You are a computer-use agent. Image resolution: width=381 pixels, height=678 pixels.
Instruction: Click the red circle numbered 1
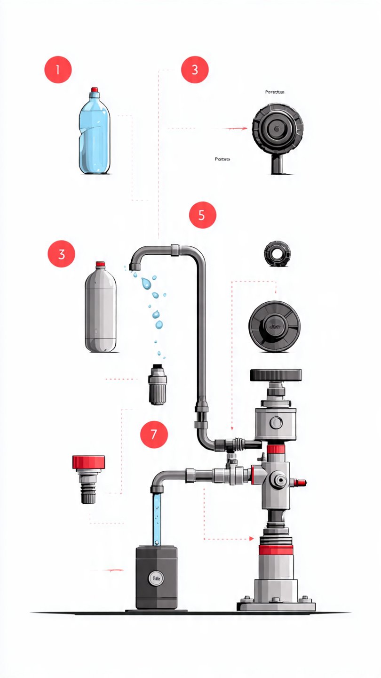[58, 70]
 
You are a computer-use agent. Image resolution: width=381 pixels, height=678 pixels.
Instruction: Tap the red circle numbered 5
[202, 215]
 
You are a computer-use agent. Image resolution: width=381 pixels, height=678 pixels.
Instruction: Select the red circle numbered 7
[154, 434]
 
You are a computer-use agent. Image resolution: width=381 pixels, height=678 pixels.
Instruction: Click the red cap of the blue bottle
[95, 89]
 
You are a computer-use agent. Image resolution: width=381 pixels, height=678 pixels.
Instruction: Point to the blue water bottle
[95, 134]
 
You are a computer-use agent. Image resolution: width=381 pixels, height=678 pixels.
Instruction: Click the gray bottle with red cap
[100, 308]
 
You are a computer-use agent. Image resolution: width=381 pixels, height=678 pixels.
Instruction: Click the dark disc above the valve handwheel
[275, 325]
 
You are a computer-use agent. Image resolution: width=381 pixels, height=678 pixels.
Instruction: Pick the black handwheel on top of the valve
[276, 375]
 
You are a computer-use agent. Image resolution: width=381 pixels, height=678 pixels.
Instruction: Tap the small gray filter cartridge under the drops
[157, 385]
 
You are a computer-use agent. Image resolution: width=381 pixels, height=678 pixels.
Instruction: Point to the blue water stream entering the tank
[156, 518]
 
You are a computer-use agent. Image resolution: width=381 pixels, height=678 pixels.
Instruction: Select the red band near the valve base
[276, 550]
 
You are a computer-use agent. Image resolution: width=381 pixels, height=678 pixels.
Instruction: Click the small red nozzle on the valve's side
[300, 482]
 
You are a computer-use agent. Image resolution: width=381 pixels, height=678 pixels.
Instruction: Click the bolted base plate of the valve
[276, 604]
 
